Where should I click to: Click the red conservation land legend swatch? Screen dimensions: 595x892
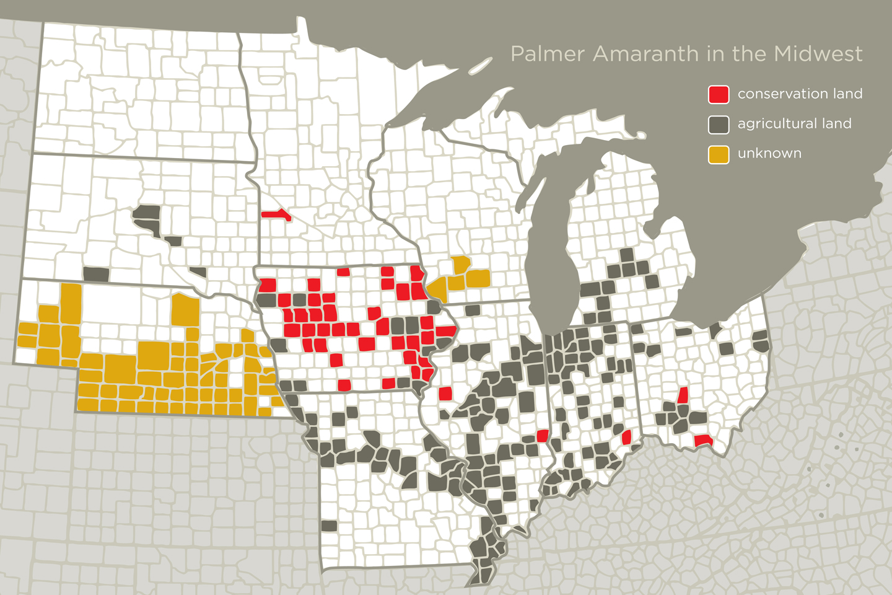[x=719, y=94]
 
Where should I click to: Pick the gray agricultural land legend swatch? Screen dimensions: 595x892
[x=719, y=124]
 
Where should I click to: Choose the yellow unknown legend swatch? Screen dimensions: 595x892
[x=719, y=154]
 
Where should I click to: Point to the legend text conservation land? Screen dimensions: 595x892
[x=800, y=94]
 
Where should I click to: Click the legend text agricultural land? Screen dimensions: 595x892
[x=794, y=123]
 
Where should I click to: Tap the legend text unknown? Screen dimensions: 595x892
[x=769, y=153]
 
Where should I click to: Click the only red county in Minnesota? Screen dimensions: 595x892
[x=276, y=215]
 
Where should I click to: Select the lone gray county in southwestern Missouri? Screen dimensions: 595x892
[x=329, y=526]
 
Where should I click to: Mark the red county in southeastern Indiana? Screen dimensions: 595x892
[x=626, y=437]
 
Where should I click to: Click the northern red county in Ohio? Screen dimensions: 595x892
[x=683, y=395]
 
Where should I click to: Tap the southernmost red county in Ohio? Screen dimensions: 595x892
[x=703, y=441]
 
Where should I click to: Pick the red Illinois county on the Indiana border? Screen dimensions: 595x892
[x=543, y=436]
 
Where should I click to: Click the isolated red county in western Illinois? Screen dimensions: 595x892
[x=445, y=394]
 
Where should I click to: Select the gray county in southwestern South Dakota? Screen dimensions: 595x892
[x=96, y=274]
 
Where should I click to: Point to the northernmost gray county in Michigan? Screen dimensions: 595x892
[x=627, y=255]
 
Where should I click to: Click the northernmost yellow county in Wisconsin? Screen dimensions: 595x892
[x=460, y=264]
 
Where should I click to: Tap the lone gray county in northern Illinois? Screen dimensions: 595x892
[x=473, y=310]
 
